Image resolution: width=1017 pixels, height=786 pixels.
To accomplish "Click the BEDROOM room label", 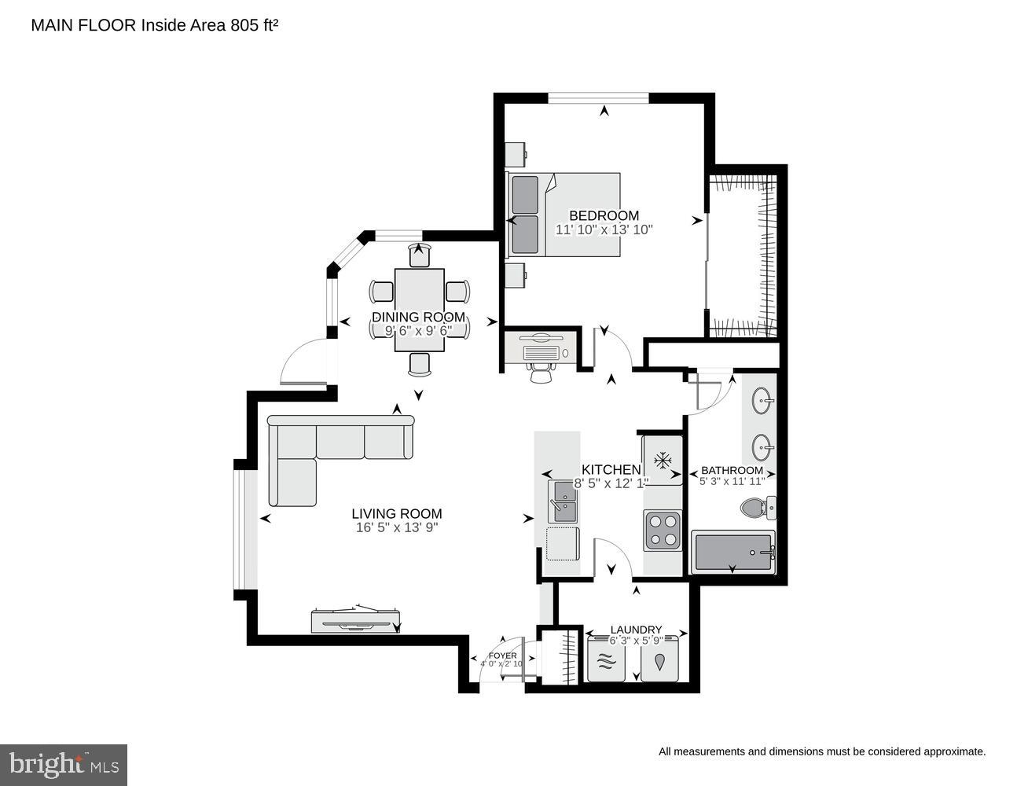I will pyautogui.click(x=604, y=215).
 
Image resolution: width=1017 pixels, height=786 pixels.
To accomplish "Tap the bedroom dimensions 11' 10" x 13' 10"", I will pyautogui.click(x=604, y=230).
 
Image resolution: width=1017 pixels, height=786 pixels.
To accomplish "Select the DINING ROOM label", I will pyautogui.click(x=418, y=318).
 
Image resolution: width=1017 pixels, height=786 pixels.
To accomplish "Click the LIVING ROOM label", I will pyautogui.click(x=396, y=514).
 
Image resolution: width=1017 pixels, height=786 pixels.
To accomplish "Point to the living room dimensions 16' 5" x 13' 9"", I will pyautogui.click(x=396, y=528).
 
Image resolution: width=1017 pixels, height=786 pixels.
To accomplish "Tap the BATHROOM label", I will pyautogui.click(x=732, y=470).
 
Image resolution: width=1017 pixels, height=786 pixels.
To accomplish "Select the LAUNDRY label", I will pyautogui.click(x=636, y=630).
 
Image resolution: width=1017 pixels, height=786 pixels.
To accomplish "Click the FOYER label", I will pyautogui.click(x=502, y=655).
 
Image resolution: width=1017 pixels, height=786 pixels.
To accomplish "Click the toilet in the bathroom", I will pyautogui.click(x=756, y=509).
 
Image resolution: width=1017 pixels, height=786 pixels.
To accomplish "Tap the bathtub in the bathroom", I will pyautogui.click(x=732, y=553).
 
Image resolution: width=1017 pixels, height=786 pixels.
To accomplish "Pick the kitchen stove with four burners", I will pyautogui.click(x=663, y=530).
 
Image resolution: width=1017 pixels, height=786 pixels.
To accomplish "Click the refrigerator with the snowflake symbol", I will pyautogui.click(x=663, y=459).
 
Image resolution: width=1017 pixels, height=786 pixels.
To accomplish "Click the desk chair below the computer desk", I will pyautogui.click(x=541, y=372).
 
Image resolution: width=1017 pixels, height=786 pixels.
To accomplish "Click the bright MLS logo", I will pyautogui.click(x=64, y=765).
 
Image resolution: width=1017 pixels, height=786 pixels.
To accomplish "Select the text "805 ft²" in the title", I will pyautogui.click(x=254, y=25).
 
